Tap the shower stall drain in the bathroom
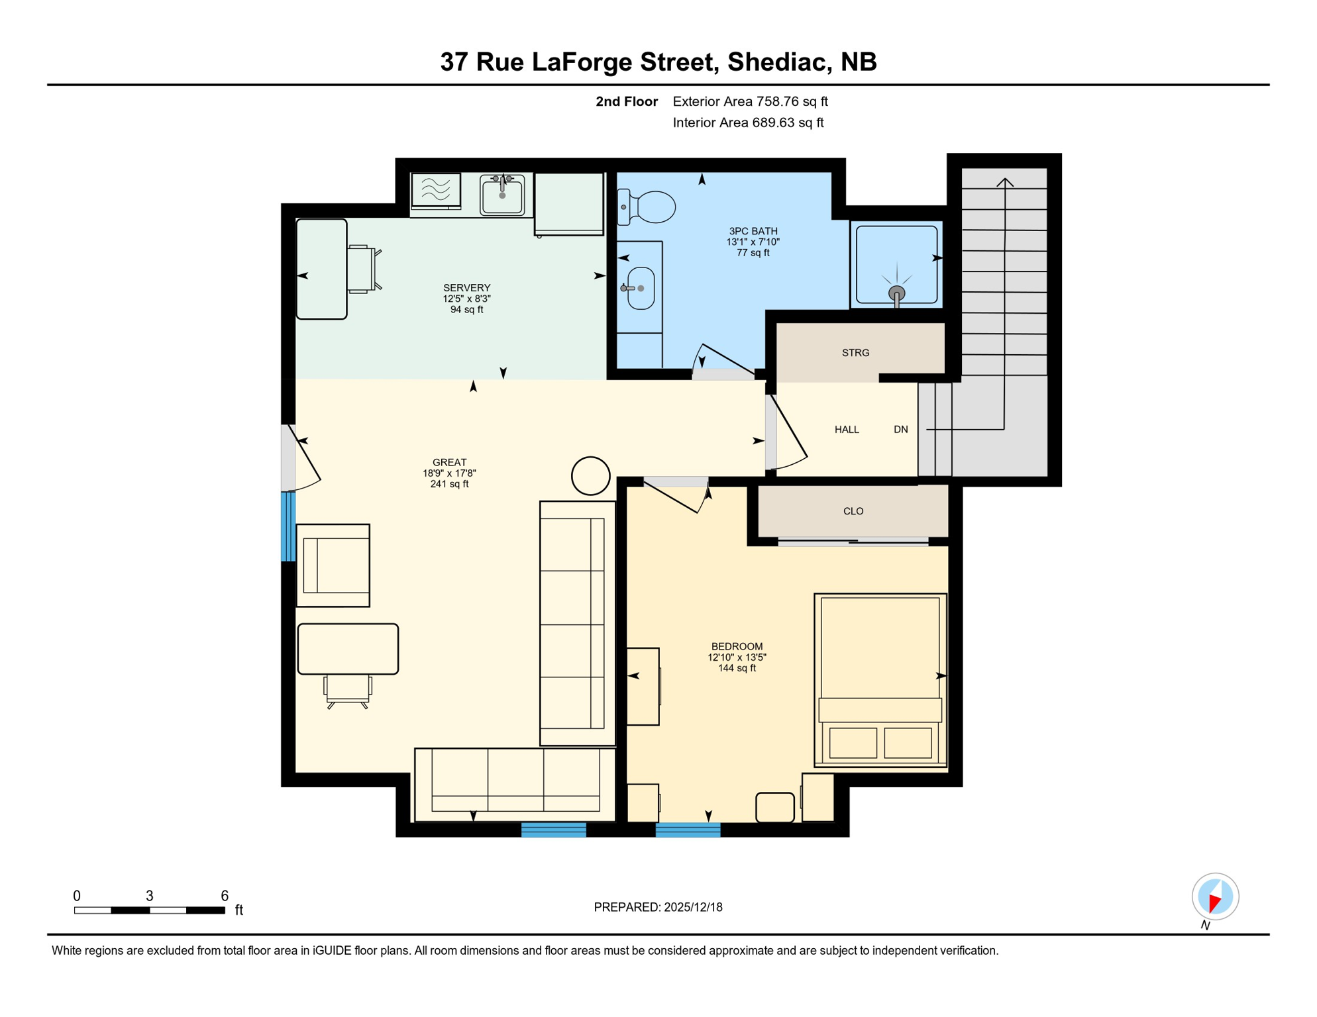point(896,293)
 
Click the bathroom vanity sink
point(641,288)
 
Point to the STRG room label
point(855,353)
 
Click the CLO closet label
point(853,511)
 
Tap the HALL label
point(847,430)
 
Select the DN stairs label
point(900,430)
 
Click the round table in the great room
point(590,475)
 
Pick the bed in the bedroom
point(880,680)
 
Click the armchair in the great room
point(333,565)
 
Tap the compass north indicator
point(1215,898)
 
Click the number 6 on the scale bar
point(225,896)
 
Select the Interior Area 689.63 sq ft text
point(748,122)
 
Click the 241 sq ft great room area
point(449,484)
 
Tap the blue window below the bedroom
point(688,830)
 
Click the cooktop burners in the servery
point(435,189)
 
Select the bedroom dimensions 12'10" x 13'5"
point(737,657)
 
